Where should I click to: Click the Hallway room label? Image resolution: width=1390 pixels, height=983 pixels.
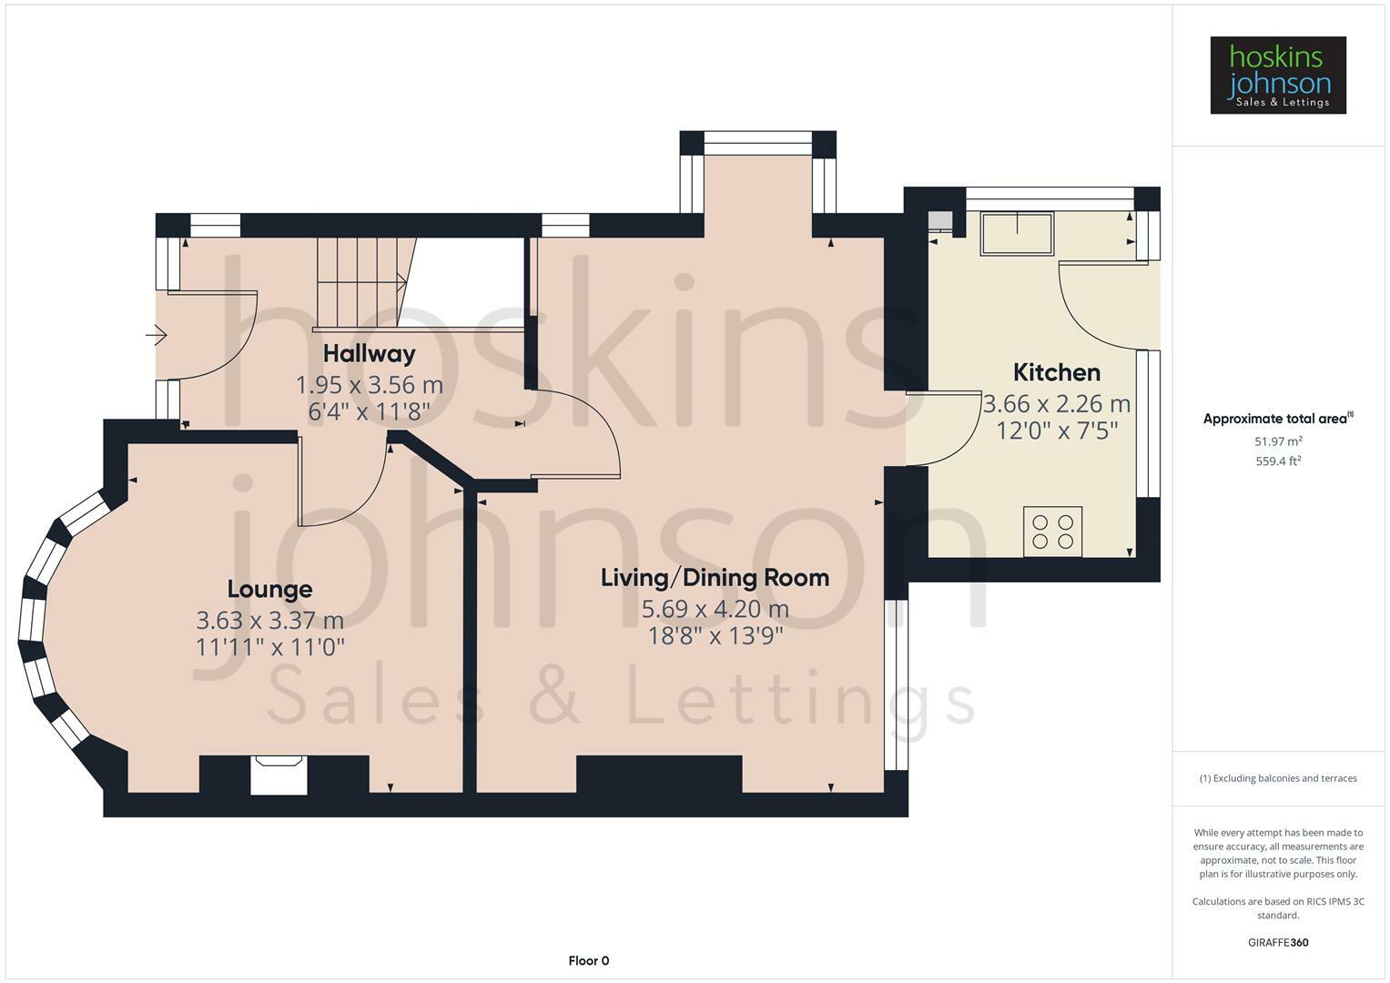(369, 353)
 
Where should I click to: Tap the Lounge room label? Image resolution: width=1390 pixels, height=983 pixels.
(269, 589)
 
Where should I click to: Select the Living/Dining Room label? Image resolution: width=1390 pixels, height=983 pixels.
(715, 577)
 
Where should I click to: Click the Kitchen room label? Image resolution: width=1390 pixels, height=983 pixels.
(1056, 372)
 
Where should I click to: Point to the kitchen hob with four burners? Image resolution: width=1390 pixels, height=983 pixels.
(1052, 531)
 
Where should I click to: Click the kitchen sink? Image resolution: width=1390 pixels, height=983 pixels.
(1017, 233)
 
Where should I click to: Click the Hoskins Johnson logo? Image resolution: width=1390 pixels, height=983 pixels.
(1277, 76)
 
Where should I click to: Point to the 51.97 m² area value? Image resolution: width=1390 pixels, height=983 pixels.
(1277, 441)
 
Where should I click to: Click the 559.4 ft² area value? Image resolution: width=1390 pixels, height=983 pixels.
(1277, 461)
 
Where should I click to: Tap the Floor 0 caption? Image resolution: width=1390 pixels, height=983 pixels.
(588, 960)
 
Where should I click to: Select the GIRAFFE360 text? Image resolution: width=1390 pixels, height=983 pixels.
(1277, 942)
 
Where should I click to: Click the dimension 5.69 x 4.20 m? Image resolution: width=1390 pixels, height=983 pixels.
(715, 608)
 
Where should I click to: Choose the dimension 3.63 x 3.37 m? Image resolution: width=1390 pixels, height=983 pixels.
(269, 620)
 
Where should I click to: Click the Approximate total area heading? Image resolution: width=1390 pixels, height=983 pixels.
(1277, 419)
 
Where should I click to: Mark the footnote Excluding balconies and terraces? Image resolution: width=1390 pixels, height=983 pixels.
(1277, 778)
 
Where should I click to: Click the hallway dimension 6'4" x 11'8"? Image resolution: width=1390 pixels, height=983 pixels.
(369, 411)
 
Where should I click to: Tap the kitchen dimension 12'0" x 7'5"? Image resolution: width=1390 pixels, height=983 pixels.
(1056, 430)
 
